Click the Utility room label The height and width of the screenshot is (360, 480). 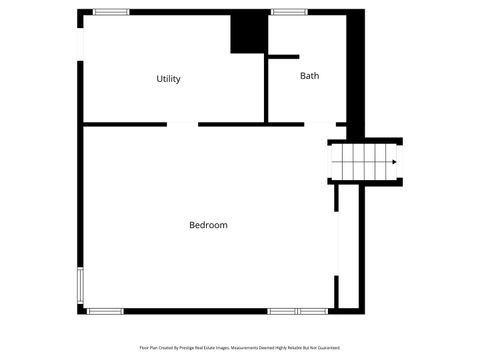[168, 79]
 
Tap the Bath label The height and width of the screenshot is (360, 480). [310, 75]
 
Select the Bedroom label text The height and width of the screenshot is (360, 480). [208, 225]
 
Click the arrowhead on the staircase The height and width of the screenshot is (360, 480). [394, 162]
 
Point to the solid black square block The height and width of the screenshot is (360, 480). [249, 33]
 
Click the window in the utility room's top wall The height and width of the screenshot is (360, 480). [111, 12]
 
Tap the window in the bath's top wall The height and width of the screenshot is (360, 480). [289, 12]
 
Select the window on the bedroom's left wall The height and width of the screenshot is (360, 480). [80, 285]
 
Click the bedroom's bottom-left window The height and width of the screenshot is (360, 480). [105, 311]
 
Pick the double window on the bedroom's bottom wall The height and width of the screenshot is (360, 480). [297, 311]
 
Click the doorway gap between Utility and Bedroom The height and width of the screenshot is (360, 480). [182, 124]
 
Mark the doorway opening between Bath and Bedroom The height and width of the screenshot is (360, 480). [319, 124]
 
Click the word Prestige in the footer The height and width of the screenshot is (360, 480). [192, 348]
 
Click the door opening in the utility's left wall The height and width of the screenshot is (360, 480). [80, 40]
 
